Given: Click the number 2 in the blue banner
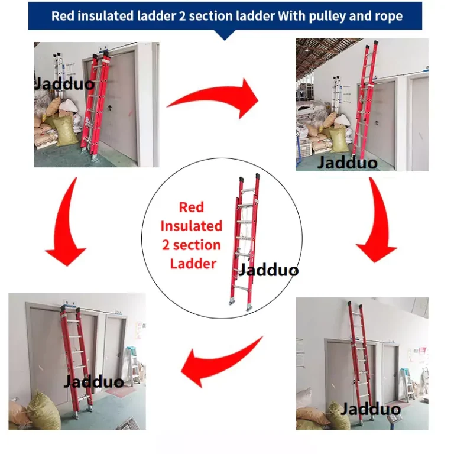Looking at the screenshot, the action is pyautogui.click(x=182, y=16).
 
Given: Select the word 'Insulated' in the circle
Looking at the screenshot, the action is pyautogui.click(x=192, y=226).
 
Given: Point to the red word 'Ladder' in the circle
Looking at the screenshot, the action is pyautogui.click(x=193, y=264).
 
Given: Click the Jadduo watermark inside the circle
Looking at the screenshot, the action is pyautogui.click(x=268, y=270).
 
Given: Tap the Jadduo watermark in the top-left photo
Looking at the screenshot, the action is pyautogui.click(x=64, y=84).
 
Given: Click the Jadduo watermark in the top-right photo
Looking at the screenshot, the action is pyautogui.click(x=348, y=163).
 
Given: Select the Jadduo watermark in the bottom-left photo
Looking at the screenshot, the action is pyautogui.click(x=94, y=381).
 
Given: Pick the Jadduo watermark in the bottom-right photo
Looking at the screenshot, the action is pyautogui.click(x=371, y=409).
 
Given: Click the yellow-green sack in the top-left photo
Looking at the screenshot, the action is pyautogui.click(x=65, y=131).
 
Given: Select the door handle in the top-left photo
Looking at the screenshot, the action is pyautogui.click(x=110, y=109).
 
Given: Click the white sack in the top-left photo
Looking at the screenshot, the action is pyautogui.click(x=69, y=106).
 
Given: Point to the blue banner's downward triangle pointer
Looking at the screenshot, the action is pyautogui.click(x=225, y=35).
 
